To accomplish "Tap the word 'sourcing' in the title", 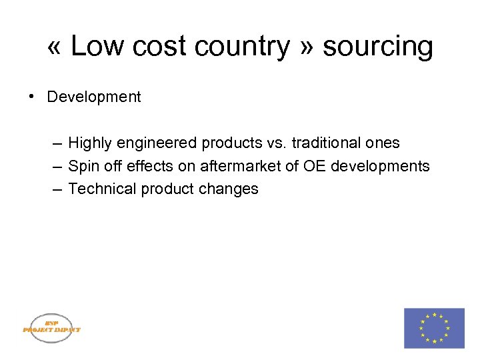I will pyautogui.click(x=377, y=47).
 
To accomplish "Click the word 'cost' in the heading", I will pyautogui.click(x=155, y=47).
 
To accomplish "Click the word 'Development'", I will pyautogui.click(x=94, y=97).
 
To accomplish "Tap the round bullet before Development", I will pyautogui.click(x=31, y=97).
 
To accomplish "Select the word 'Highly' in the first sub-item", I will pyautogui.click(x=89, y=143).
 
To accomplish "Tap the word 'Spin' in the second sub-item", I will pyautogui.click(x=83, y=166).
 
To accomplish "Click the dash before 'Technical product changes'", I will pyautogui.click(x=57, y=189).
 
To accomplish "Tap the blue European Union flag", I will pyautogui.click(x=434, y=328).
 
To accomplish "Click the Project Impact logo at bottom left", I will pyautogui.click(x=51, y=328).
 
